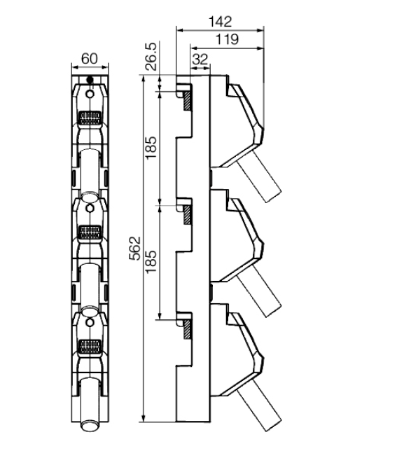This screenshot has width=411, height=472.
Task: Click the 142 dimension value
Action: click(220, 22)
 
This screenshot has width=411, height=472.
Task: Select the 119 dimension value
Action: click(227, 39)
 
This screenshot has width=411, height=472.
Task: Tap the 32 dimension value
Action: click(200, 60)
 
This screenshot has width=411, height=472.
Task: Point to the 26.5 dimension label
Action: click(151, 56)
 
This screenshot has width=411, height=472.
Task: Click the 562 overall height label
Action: click(135, 249)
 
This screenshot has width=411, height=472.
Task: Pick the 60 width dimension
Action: click(90, 58)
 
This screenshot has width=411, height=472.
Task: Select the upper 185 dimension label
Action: click(151, 148)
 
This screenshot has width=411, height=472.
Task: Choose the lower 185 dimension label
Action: click(151, 262)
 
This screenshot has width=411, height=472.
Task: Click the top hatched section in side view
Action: click(187, 101)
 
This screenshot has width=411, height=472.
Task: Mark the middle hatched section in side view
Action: click(187, 214)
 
